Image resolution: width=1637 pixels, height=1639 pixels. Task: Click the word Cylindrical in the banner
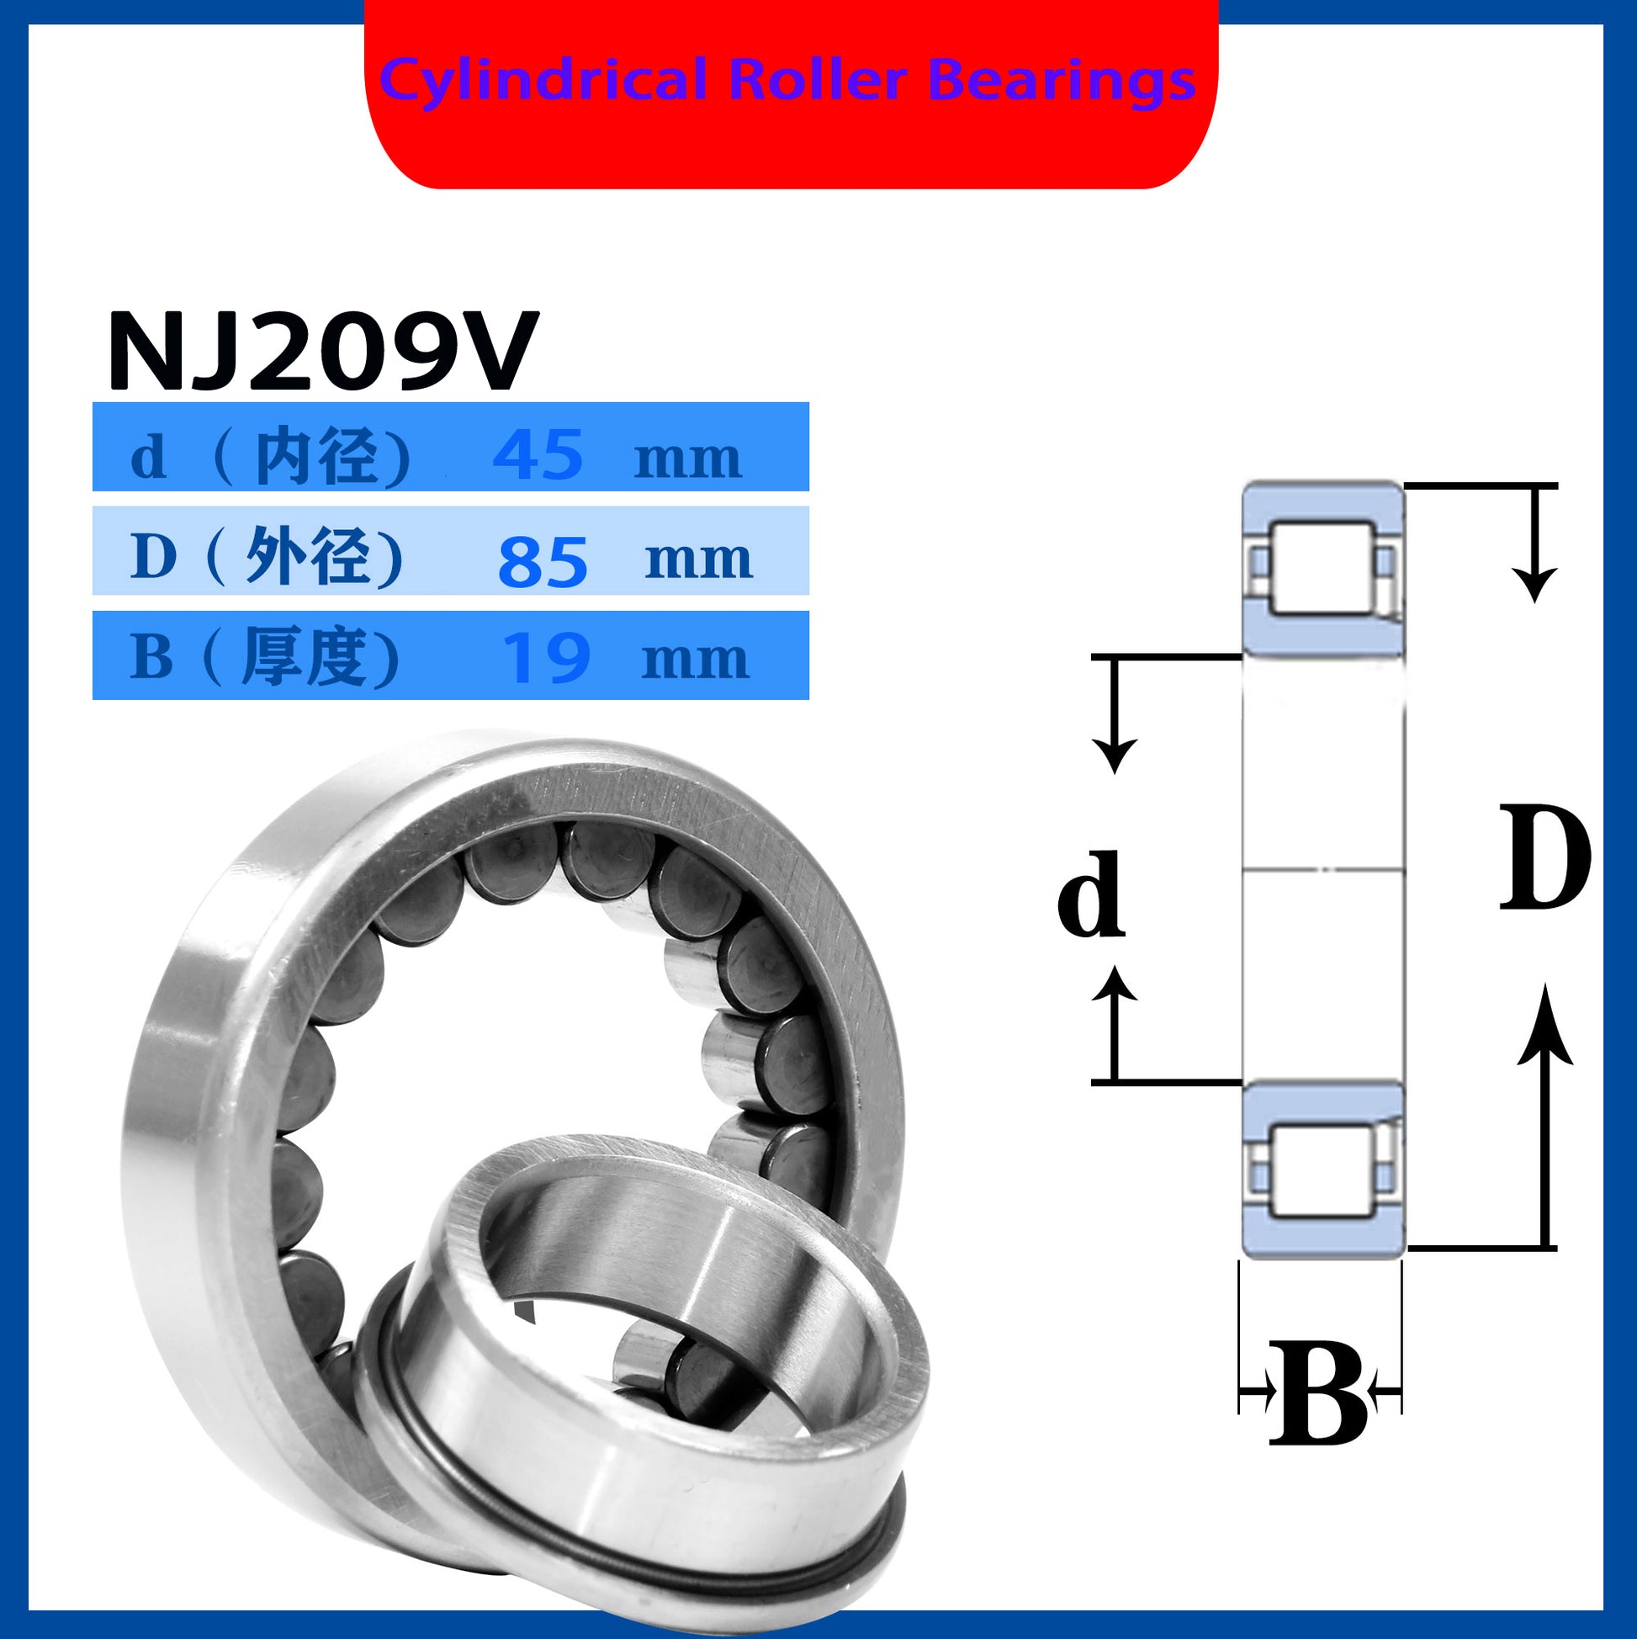[543, 82]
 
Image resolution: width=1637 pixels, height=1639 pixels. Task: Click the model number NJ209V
[323, 350]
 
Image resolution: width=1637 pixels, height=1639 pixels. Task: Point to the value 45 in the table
[538, 454]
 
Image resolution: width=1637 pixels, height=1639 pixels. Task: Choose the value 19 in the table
[546, 658]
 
